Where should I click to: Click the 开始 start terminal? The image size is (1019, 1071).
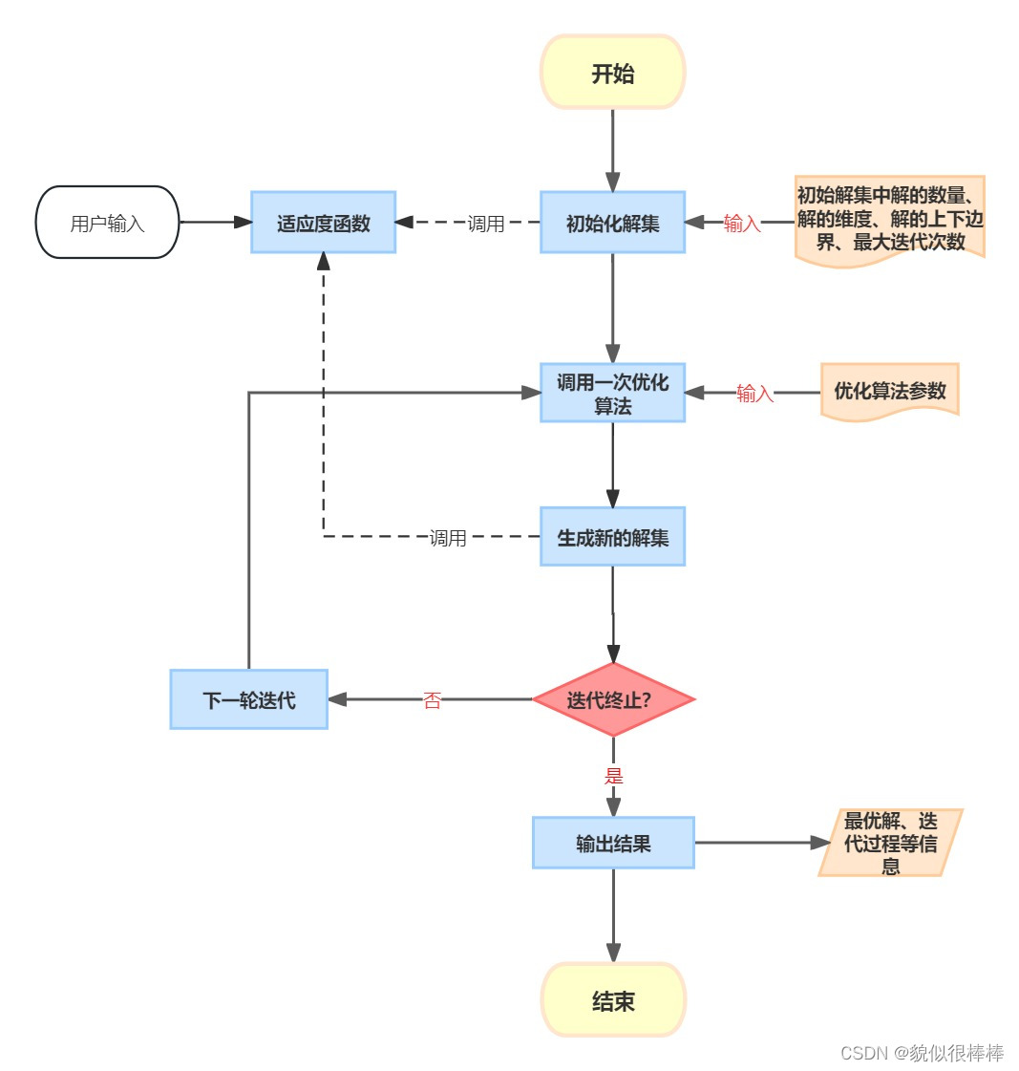(x=612, y=73)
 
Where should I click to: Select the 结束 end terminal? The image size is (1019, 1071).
(x=613, y=1000)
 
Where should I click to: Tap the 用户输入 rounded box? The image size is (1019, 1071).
(x=107, y=223)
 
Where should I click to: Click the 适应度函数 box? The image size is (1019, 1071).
(x=323, y=223)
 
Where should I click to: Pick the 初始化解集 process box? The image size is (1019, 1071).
(x=612, y=223)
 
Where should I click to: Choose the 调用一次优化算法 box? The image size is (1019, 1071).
(x=612, y=393)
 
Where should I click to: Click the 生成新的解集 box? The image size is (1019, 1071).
(x=612, y=537)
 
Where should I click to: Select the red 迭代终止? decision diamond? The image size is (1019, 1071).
(x=612, y=699)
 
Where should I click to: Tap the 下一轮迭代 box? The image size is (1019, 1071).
(x=248, y=699)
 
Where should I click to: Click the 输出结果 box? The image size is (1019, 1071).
(x=612, y=843)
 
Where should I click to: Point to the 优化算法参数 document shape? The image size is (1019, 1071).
(x=889, y=391)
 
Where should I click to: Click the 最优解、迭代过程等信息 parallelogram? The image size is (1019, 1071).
(x=890, y=843)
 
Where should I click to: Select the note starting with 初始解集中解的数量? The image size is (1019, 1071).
(x=889, y=219)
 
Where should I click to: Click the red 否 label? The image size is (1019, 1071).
(x=432, y=700)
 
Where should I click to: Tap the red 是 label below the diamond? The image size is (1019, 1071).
(x=613, y=776)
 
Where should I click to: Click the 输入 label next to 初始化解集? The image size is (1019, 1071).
(x=741, y=224)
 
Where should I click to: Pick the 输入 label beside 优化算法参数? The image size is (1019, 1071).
(x=754, y=394)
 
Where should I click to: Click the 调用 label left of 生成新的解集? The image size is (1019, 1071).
(x=448, y=538)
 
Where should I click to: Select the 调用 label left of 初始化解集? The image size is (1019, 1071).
(x=485, y=224)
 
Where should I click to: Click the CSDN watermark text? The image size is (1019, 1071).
(x=922, y=1053)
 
